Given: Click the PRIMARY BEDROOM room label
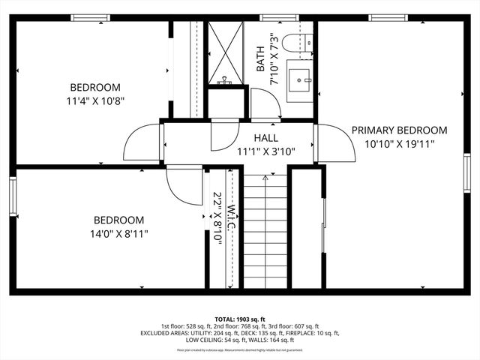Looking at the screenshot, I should point(399,130).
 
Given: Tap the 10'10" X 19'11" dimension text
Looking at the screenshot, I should point(399,143).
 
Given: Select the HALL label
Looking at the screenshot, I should point(265,138).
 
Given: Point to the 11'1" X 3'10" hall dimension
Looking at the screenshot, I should point(265,151).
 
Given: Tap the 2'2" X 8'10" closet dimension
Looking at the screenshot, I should point(218,217).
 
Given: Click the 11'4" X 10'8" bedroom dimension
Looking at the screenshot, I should point(96,98).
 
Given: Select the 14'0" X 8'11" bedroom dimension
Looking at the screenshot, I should point(118,233).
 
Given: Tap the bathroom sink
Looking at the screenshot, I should point(302,77).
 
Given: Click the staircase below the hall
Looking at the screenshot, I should point(265,232).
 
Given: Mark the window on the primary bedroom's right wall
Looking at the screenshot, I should point(466,173).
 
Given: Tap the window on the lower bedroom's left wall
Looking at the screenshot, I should point(13,196).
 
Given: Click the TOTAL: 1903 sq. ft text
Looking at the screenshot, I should point(240,319).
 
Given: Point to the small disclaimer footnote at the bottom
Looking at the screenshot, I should point(240,349).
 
